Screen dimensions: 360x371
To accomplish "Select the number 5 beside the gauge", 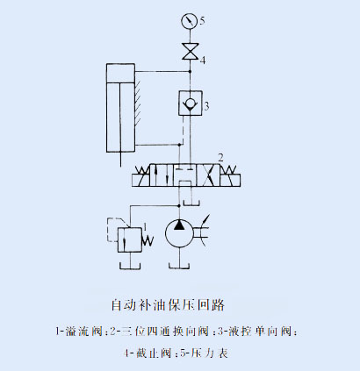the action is pyautogui.click(x=202, y=21).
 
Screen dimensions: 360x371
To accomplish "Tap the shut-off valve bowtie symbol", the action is pyautogui.click(x=190, y=52).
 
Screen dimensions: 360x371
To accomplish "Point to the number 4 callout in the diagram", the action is pyautogui.click(x=203, y=61).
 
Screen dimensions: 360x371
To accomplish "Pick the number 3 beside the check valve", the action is pyautogui.click(x=206, y=106).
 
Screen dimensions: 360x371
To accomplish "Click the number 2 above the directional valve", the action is pyautogui.click(x=221, y=158).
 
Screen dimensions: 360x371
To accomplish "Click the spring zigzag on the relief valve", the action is pyautogui.click(x=148, y=240).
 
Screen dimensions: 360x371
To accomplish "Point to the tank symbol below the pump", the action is pyautogui.click(x=179, y=266).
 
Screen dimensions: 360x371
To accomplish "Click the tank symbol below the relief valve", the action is pyautogui.click(x=130, y=266).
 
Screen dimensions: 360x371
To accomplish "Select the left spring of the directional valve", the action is pyautogui.click(x=143, y=169).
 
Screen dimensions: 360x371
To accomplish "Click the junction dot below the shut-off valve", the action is pyautogui.click(x=190, y=71).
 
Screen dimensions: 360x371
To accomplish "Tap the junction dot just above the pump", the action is pyautogui.click(x=179, y=205).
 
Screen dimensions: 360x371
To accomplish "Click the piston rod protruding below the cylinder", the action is pyautogui.click(x=120, y=160).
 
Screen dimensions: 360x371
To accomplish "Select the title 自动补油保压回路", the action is pyautogui.click(x=168, y=305).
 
